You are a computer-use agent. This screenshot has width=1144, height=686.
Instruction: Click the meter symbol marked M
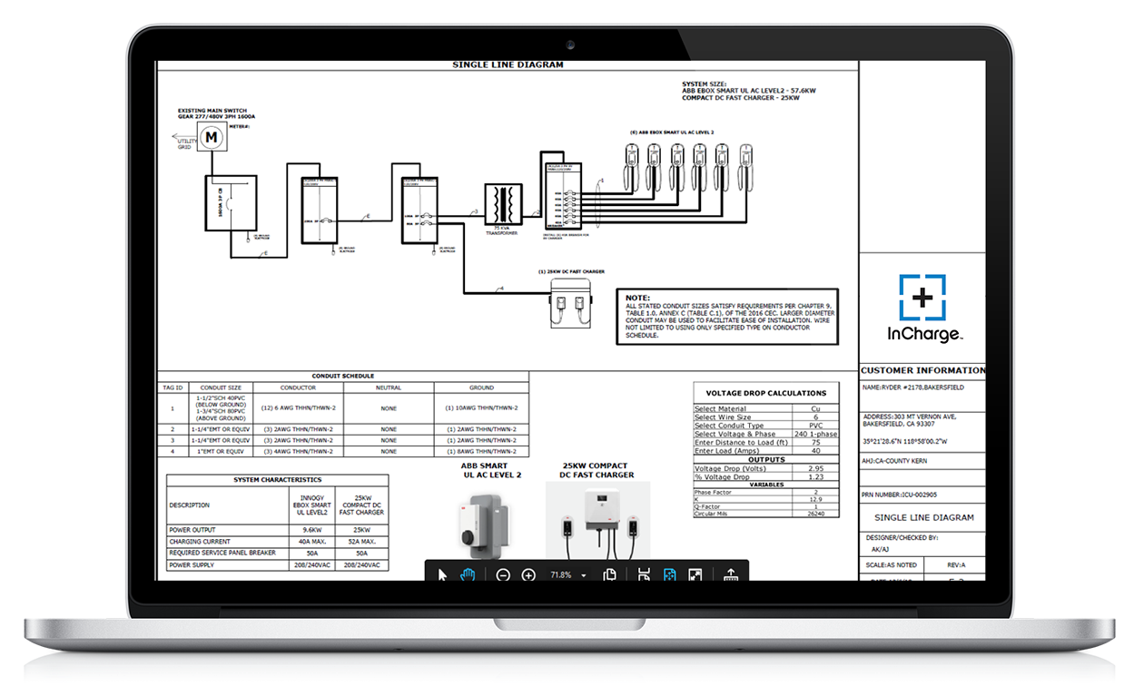(212, 137)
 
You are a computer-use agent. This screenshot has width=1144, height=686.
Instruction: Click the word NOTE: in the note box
(638, 298)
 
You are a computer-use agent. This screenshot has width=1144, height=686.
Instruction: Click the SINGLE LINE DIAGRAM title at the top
(508, 65)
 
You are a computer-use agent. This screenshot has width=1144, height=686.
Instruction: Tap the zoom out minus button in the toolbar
(503, 574)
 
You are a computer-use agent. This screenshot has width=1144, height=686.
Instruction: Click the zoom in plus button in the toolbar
(528, 574)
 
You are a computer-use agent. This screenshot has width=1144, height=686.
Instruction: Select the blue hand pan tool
(468, 574)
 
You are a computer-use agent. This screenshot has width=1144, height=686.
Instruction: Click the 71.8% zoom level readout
(561, 575)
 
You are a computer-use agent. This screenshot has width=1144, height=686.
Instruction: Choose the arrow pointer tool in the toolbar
(443, 574)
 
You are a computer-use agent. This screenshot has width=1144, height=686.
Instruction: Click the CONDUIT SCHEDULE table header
(342, 376)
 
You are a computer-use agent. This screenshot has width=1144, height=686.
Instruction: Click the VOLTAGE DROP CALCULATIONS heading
(765, 393)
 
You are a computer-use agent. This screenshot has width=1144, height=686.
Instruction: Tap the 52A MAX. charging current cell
(361, 541)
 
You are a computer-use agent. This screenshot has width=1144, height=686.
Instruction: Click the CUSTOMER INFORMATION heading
(922, 370)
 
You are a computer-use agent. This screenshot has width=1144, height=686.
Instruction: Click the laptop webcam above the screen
(571, 44)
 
